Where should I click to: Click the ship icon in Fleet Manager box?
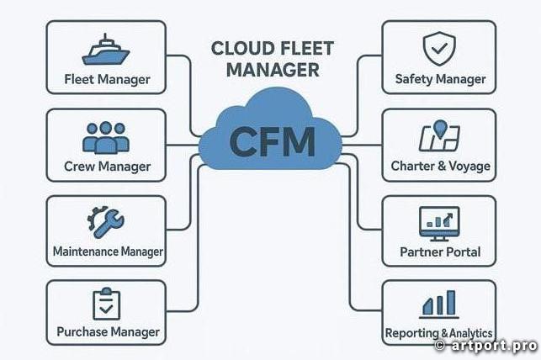[x=106, y=50]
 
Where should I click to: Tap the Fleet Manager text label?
[x=107, y=80]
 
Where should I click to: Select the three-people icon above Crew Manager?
[x=106, y=136]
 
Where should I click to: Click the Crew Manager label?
[x=106, y=167]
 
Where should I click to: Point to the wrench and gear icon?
[x=106, y=222]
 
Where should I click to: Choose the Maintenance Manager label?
[x=108, y=251]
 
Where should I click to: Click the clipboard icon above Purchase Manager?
[x=106, y=304]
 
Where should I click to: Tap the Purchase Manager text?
[x=108, y=331]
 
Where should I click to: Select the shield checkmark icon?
[x=438, y=50]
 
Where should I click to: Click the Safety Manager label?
[x=440, y=79]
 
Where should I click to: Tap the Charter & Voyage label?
[x=440, y=166]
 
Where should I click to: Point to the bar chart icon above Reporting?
[x=438, y=303]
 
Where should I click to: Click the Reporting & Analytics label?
[x=438, y=333]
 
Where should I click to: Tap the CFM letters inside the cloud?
[x=272, y=141]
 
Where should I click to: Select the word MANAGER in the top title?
[x=273, y=71]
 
